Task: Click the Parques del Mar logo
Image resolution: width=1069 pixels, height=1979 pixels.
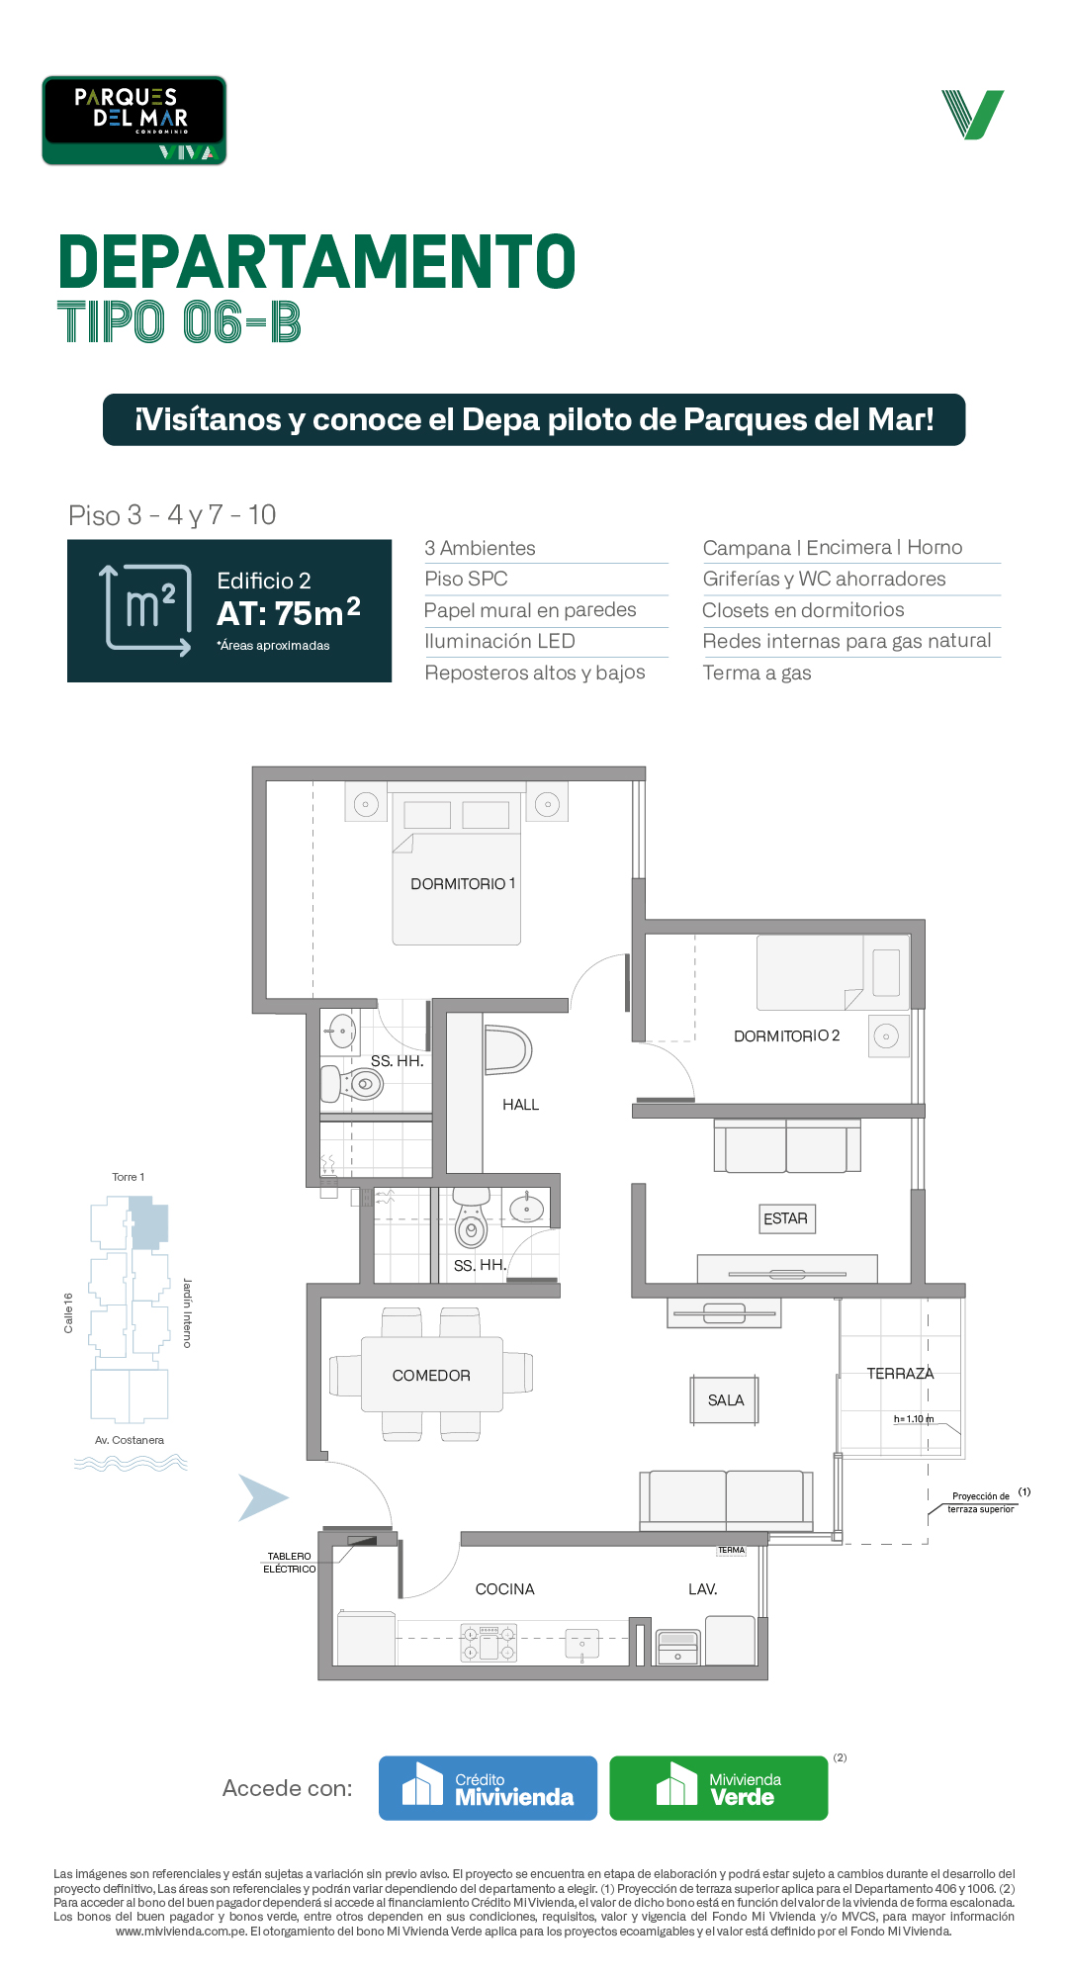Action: coord(134,120)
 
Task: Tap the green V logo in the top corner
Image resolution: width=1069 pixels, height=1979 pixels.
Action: coord(973,115)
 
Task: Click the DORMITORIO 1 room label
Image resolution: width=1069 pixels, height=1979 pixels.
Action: coord(463,883)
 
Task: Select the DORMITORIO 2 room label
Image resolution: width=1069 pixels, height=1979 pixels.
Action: coord(786,1035)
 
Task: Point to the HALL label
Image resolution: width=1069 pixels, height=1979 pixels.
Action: coord(520,1105)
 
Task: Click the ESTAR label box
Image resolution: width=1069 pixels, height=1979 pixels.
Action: coord(786,1218)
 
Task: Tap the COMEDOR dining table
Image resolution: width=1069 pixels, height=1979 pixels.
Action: coord(431,1375)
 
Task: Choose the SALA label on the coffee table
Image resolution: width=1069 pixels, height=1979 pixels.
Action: coord(726,1400)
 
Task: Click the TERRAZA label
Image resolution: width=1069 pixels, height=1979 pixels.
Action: coord(900,1374)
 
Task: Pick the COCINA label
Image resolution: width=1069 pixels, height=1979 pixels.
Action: coord(504,1588)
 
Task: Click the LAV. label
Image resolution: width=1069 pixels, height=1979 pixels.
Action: coord(703,1588)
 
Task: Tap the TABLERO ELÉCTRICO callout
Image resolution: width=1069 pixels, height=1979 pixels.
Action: coord(290,1563)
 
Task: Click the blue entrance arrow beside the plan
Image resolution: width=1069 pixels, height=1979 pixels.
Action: coord(262,1497)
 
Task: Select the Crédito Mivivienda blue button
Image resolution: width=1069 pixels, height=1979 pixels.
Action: coord(488,1788)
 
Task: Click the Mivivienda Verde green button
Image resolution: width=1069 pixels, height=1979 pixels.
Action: coord(719,1788)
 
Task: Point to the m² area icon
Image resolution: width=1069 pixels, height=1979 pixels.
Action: coord(148,609)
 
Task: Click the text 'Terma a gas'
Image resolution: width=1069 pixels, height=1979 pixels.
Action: coord(757,674)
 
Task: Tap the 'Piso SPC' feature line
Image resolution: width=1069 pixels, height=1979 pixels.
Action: coord(466,579)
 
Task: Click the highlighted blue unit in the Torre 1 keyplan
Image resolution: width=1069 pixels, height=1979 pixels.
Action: coord(149,1222)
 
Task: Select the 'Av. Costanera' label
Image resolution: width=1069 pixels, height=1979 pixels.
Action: coord(130,1440)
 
